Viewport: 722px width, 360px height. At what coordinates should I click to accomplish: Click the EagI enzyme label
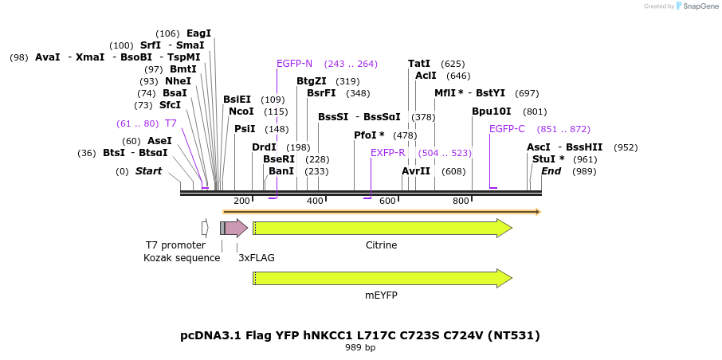198,33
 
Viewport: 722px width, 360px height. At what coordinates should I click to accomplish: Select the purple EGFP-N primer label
294,64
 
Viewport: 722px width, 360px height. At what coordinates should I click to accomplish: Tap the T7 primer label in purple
171,123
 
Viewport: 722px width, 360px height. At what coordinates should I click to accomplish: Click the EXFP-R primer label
388,153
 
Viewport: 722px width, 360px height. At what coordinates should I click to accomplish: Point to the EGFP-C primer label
507,129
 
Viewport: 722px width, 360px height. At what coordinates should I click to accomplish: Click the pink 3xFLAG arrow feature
236,229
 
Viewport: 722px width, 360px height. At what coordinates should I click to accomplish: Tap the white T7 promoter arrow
205,229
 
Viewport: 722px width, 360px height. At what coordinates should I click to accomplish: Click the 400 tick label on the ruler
315,201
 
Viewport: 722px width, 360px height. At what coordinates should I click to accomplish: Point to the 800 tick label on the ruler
461,201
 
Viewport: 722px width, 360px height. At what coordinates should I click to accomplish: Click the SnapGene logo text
698,6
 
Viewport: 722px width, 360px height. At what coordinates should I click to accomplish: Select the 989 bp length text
360,348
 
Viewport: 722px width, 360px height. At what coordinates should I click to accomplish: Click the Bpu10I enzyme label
492,112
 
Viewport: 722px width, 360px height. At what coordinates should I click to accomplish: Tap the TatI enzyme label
419,64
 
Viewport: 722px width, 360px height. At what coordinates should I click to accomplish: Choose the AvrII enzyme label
416,171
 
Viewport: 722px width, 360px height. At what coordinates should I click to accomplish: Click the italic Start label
148,171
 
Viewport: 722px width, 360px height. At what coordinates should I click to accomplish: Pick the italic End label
551,171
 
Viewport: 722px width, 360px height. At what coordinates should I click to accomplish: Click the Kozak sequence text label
182,258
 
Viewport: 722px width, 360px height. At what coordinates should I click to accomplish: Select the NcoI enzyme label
241,112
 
